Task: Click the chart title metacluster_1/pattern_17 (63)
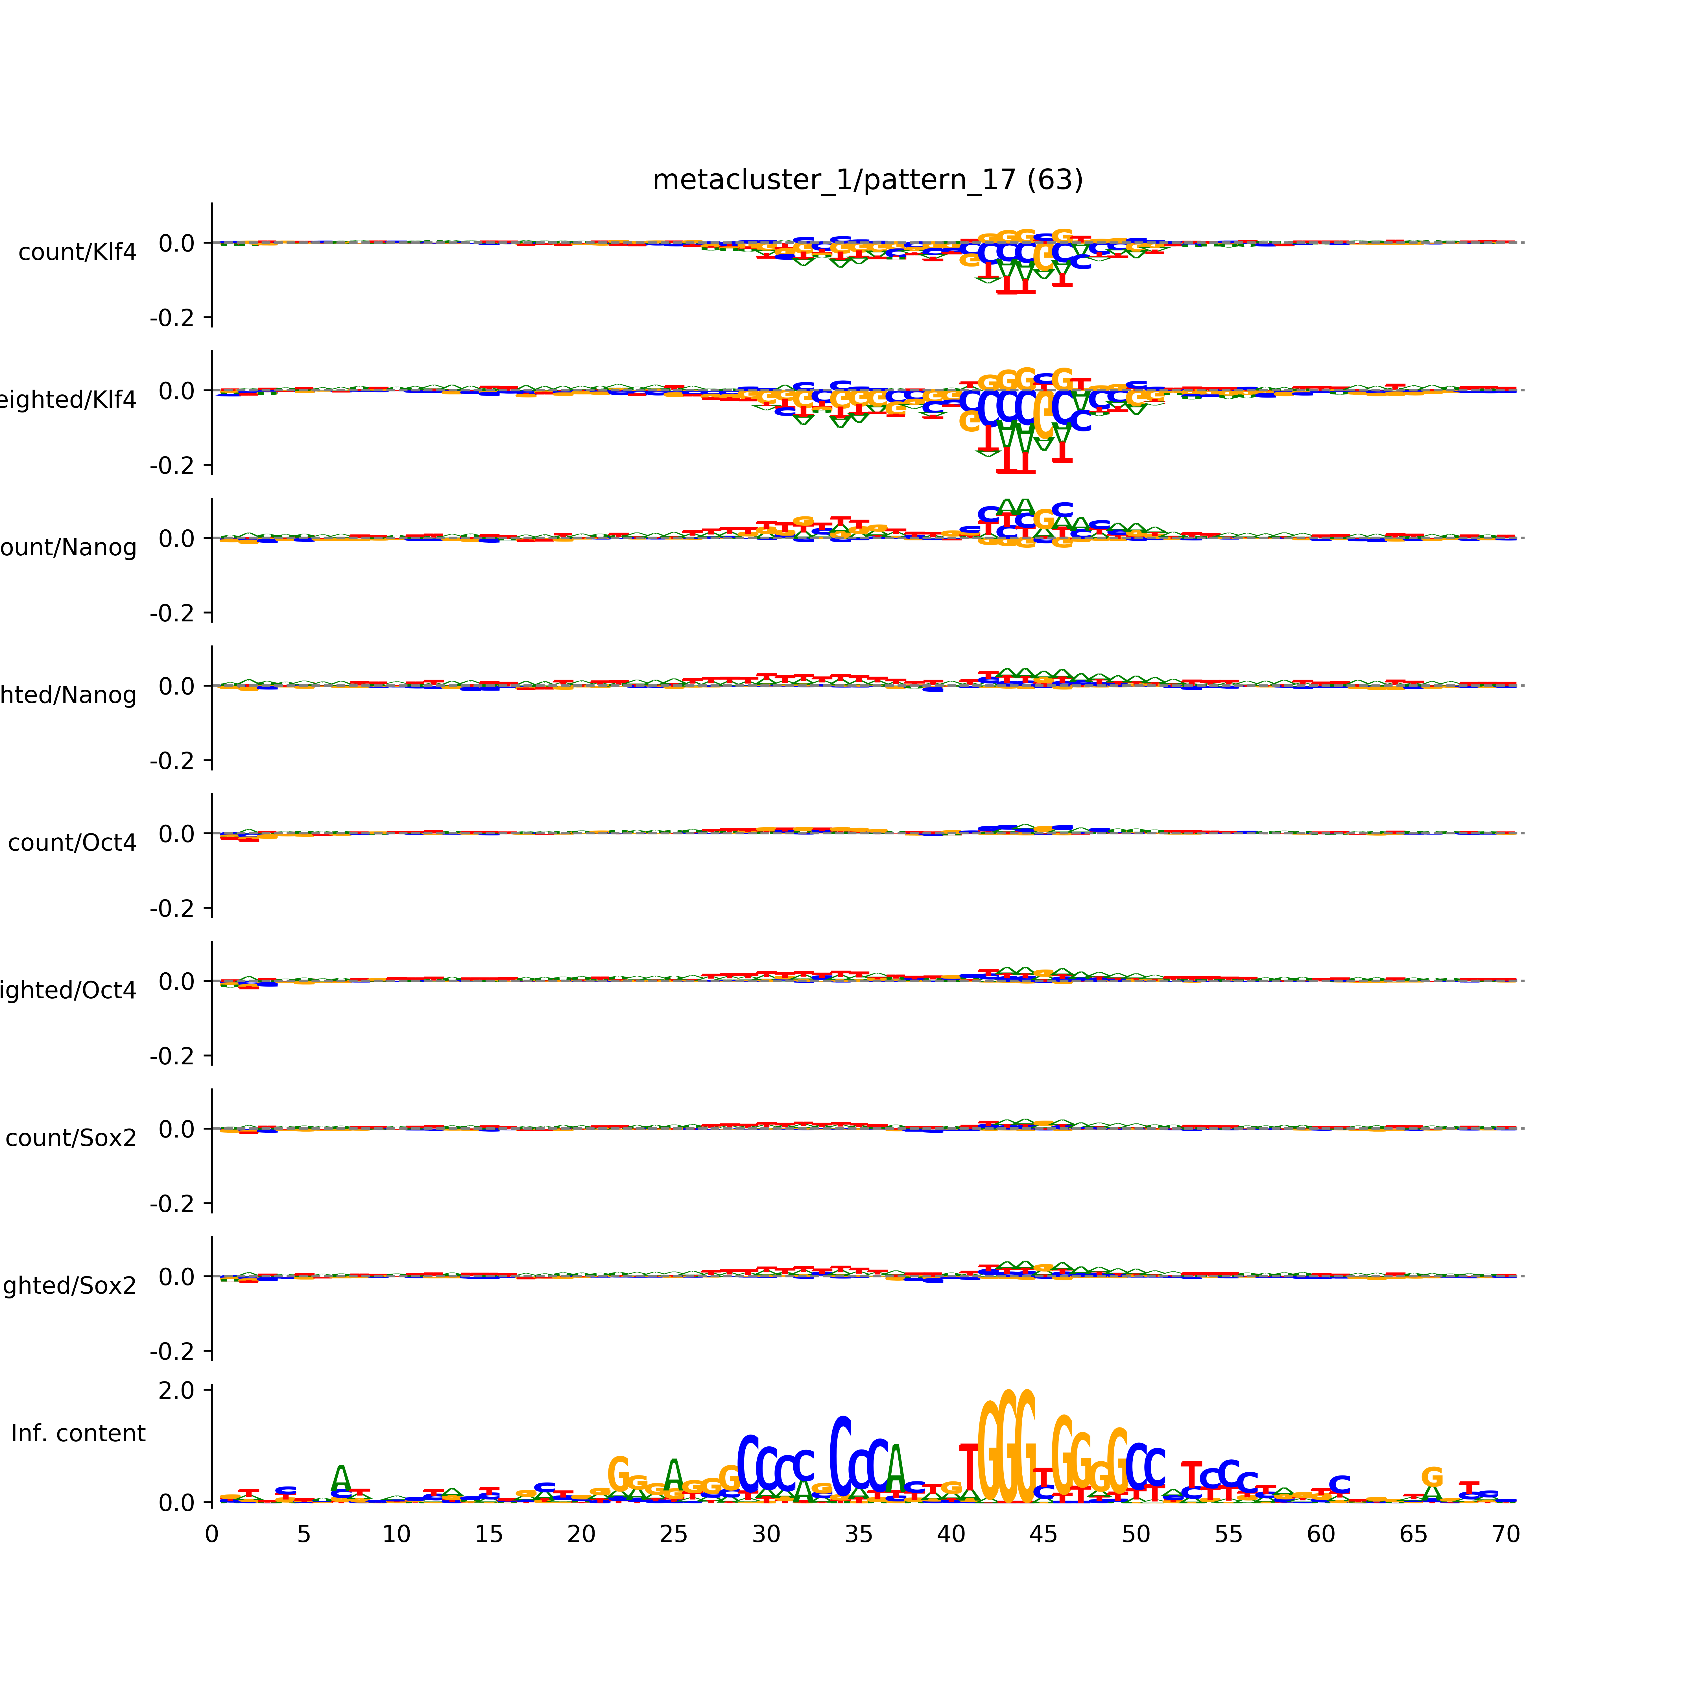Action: [867, 180]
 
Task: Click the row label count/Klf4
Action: [77, 252]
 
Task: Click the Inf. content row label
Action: [78, 1434]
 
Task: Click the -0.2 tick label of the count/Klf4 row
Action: [172, 317]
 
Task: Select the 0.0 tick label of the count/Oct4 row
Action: [177, 834]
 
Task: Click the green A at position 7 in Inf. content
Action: [341, 1478]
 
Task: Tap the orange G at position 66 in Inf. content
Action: [1432, 1477]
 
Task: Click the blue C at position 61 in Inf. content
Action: [1339, 1485]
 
